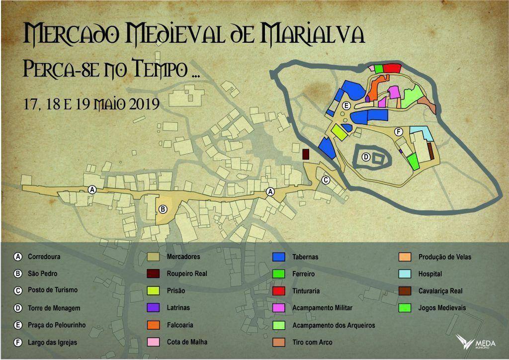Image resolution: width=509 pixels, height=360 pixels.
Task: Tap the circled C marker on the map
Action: [x=326, y=180]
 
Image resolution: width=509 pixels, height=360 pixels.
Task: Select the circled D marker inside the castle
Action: [x=365, y=157]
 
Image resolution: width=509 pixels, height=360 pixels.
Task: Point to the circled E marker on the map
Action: [x=346, y=105]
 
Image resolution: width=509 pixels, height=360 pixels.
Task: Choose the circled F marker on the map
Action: [x=398, y=132]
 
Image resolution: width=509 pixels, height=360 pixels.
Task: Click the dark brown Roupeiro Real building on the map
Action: [x=306, y=154]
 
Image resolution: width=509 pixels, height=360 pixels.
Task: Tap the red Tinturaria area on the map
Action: [x=392, y=68]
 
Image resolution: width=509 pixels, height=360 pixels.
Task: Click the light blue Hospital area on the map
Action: [x=421, y=133]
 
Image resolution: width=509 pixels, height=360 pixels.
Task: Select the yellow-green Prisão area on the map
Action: [x=339, y=132]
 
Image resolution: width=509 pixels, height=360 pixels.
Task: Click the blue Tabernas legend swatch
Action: [x=278, y=257]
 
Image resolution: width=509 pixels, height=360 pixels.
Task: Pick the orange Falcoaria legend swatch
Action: [x=153, y=325]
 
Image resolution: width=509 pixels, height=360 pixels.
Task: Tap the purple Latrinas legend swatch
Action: [x=153, y=308]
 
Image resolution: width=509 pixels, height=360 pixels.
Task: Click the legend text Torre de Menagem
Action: [x=54, y=308]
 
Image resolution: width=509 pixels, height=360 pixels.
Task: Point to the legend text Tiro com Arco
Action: [x=312, y=342]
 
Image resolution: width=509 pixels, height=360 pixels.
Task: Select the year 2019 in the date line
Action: [x=144, y=104]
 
